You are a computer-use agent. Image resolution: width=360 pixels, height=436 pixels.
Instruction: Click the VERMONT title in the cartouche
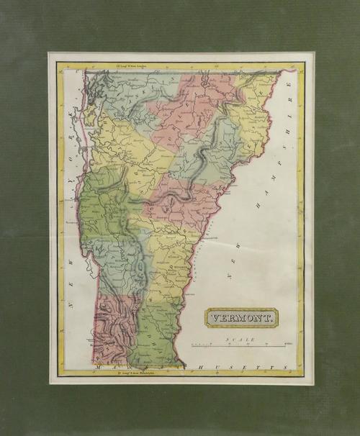[241, 317]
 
